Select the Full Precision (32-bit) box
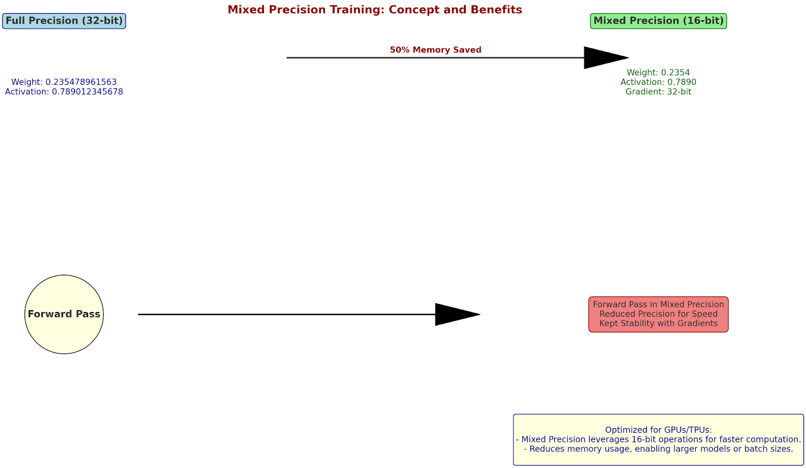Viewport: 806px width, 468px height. (64, 21)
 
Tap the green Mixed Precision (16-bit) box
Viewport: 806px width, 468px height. (658, 21)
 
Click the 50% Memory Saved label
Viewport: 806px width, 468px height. (435, 50)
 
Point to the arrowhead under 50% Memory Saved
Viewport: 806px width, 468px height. (606, 57)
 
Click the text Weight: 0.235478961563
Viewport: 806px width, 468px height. (64, 82)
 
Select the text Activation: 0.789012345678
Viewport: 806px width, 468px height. (64, 92)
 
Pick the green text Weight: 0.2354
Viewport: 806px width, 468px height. (658, 73)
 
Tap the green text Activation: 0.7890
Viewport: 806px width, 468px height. (658, 82)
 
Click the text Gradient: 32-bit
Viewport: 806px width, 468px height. (658, 92)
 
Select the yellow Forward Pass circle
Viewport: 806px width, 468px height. (64, 314)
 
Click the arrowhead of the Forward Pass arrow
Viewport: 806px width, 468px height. (458, 314)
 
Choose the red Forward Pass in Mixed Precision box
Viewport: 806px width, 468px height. (658, 314)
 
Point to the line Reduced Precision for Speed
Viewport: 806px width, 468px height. (658, 314)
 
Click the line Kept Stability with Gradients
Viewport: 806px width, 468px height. (658, 324)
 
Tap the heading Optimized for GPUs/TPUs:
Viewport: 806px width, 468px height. (658, 430)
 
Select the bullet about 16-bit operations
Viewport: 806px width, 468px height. (658, 440)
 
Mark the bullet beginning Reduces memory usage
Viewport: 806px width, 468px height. (658, 449)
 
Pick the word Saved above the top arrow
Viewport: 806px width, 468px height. (468, 50)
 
